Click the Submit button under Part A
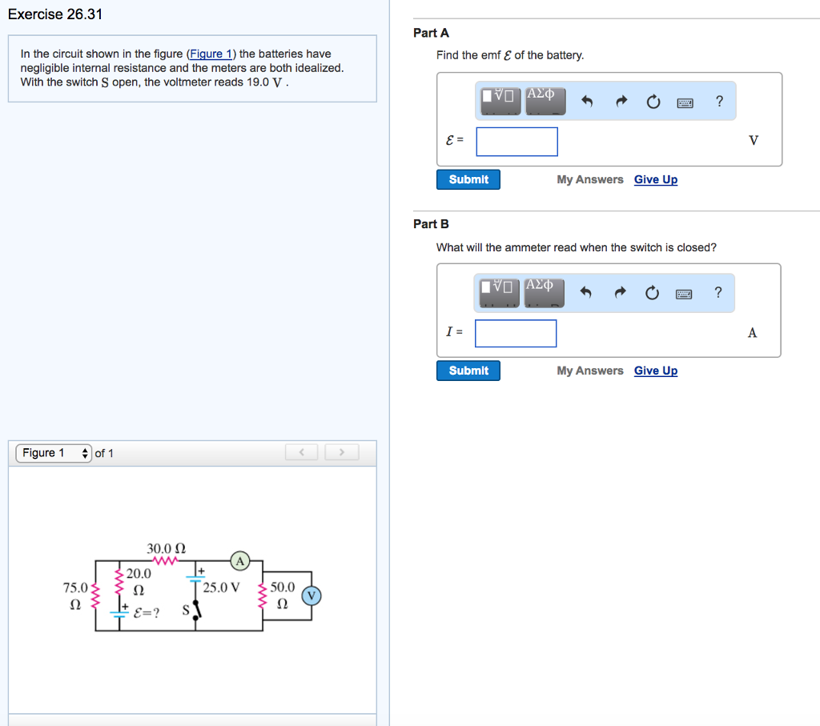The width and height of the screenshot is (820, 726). click(x=468, y=179)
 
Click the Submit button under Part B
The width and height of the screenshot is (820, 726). click(x=468, y=371)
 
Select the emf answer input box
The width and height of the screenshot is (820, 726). click(x=517, y=142)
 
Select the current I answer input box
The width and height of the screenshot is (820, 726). click(x=516, y=334)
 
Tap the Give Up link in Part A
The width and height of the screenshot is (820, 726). click(x=655, y=179)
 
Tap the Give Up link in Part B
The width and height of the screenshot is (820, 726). click(x=655, y=371)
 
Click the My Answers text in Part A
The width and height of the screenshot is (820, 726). click(x=589, y=179)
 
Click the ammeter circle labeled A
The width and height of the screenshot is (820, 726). click(x=239, y=560)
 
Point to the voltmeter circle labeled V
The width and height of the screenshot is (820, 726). click(x=312, y=596)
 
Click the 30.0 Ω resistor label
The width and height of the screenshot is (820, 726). click(x=166, y=549)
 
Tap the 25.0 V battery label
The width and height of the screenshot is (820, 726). click(x=221, y=588)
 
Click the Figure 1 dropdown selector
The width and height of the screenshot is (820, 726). click(x=53, y=453)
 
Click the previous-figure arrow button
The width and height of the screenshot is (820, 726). click(x=303, y=452)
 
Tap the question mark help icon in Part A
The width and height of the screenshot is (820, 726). click(x=718, y=102)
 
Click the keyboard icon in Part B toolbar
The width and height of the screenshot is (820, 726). click(x=684, y=294)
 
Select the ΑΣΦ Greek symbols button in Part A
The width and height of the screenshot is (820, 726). click(x=545, y=101)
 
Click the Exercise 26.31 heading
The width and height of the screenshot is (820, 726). click(x=55, y=14)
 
